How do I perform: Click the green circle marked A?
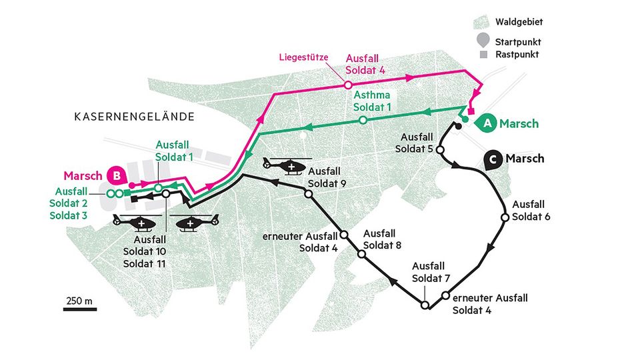487,123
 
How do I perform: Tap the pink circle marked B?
117,176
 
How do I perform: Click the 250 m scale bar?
81,308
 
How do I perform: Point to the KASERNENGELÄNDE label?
134,117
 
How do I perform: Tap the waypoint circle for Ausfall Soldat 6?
505,217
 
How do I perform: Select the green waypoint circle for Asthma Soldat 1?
363,120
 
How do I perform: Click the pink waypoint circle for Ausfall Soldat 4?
347,85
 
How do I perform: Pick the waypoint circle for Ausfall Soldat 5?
439,150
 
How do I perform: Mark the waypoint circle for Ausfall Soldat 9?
309,193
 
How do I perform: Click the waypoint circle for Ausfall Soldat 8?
361,254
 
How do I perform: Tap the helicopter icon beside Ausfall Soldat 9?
285,164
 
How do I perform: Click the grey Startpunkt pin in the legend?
483,40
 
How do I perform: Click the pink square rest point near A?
471,111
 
